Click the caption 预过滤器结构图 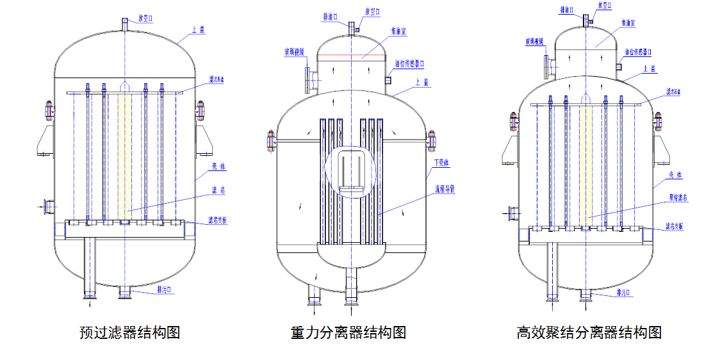[129, 333]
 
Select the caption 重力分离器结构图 [348, 333]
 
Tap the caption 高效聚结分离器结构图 [589, 333]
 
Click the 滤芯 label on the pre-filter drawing [218, 190]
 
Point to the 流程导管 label [444, 189]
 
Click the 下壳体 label [441, 162]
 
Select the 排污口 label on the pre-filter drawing [165, 290]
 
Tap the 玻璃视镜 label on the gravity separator [295, 52]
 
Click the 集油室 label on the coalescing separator [628, 22]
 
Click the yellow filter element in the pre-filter [125, 154]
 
